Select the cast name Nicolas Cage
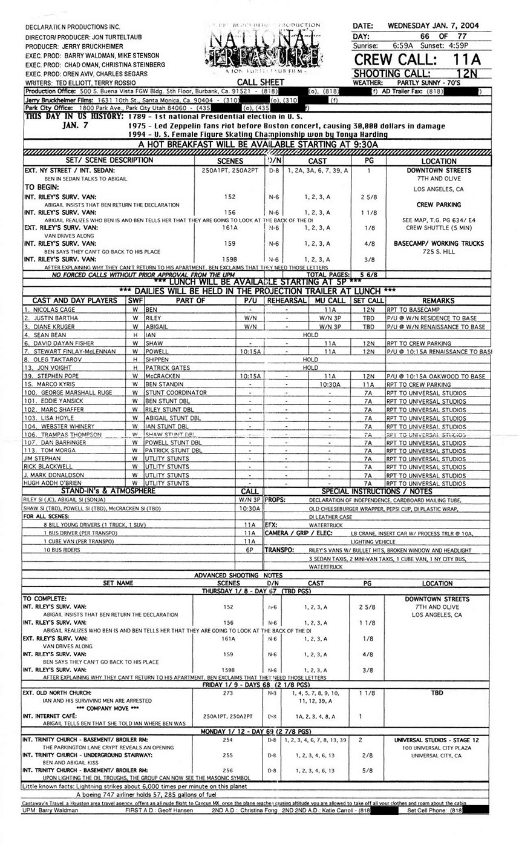[54, 309]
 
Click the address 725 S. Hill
[439, 252]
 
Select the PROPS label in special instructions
[275, 500]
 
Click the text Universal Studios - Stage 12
[437, 740]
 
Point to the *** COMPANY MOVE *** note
[101, 708]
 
